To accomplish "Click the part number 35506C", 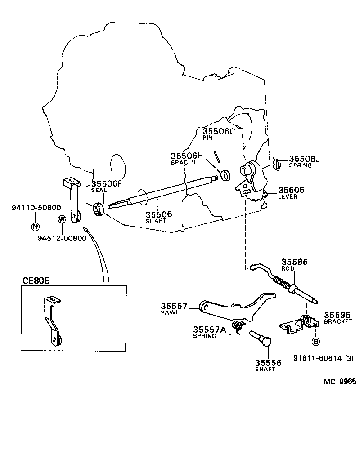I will click(219, 131).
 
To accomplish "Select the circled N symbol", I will click(36, 226).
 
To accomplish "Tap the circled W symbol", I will click(62, 219).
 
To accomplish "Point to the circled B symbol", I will click(316, 343).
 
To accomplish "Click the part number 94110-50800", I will click(36, 208).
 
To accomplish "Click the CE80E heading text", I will click(36, 281).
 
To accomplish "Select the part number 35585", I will click(295, 262).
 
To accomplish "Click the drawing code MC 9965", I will click(340, 382).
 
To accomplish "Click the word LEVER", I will click(288, 197).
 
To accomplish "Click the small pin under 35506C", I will click(217, 156).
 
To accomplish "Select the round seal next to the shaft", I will click(98, 209).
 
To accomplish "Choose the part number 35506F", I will click(107, 183).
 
